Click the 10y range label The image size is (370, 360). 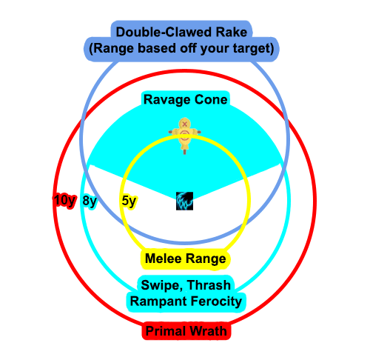(64, 201)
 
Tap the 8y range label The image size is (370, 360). (90, 201)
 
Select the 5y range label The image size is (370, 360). (129, 201)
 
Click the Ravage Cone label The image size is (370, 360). (186, 99)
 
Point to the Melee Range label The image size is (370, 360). (186, 259)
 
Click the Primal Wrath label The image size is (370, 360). (186, 331)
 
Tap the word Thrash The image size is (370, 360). (209, 285)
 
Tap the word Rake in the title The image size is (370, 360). (231, 32)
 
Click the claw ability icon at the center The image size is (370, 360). (185, 201)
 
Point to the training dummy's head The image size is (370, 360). (184, 123)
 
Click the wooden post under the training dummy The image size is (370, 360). (184, 150)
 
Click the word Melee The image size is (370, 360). (164, 259)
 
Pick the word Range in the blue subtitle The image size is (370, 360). (113, 49)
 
